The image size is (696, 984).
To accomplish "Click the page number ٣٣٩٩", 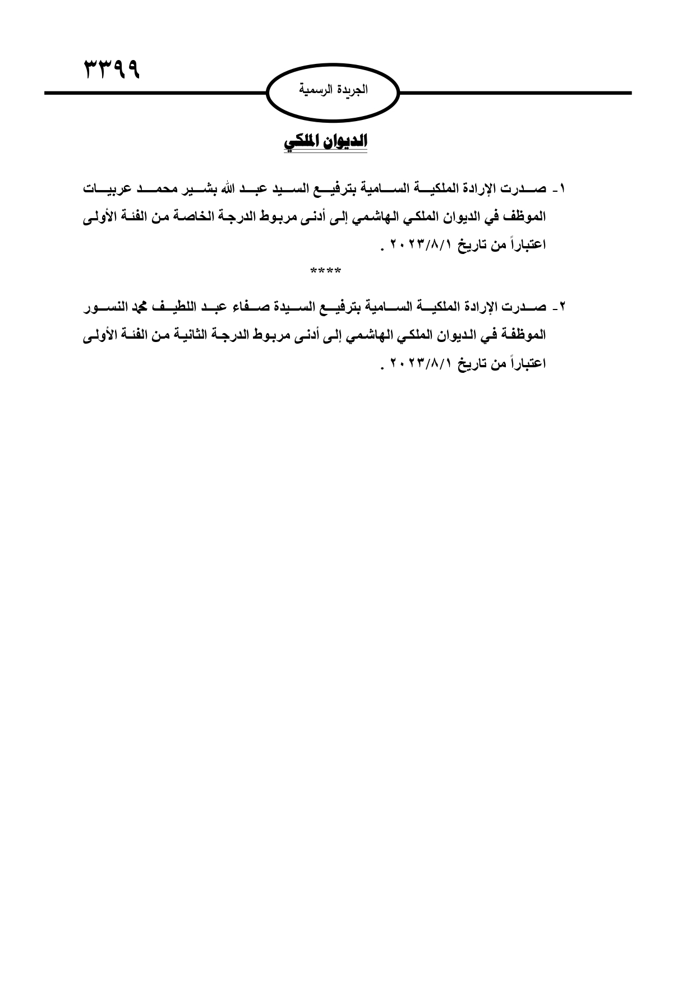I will coord(112,70).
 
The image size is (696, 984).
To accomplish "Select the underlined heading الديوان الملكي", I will coord(325,141).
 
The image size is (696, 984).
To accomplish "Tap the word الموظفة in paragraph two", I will coord(522,335).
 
